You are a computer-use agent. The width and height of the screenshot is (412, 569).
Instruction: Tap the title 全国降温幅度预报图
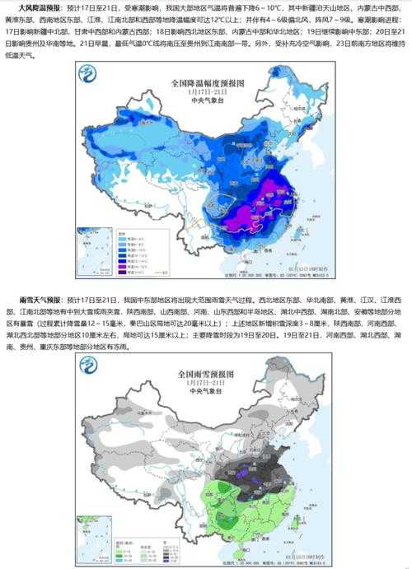pos(208,84)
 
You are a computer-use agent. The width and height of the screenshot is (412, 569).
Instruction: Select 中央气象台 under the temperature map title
pos(208,102)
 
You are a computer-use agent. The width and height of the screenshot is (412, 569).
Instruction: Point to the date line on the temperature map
pos(208,93)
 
